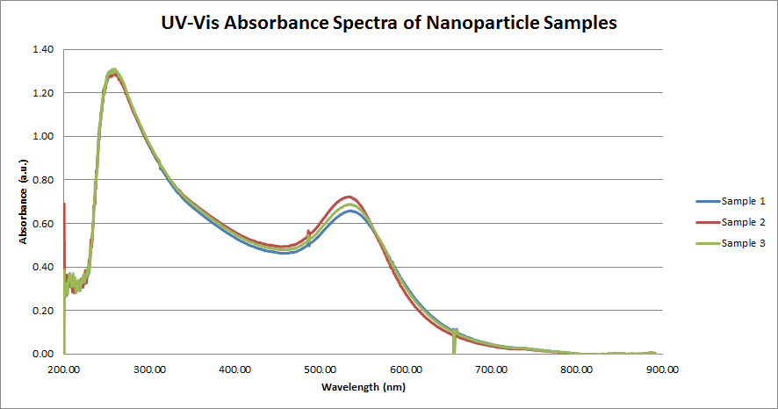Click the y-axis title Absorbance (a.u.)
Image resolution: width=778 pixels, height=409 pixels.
click(25, 201)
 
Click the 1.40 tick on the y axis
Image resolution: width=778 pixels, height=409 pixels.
click(41, 50)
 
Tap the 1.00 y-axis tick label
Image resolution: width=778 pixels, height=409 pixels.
click(41, 137)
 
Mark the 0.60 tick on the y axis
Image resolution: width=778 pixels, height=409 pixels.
click(41, 224)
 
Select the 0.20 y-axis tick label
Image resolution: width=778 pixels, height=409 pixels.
click(41, 311)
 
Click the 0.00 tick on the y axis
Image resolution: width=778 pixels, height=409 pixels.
click(41, 355)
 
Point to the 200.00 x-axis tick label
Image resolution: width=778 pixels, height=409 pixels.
click(64, 370)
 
